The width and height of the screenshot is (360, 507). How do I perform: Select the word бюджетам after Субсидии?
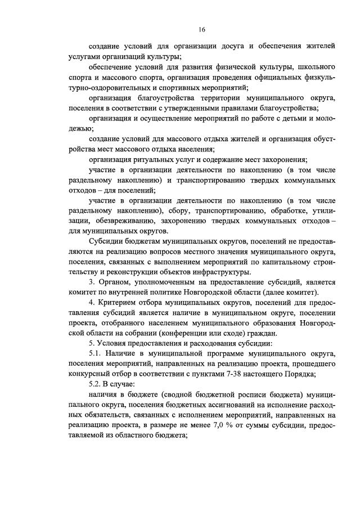138,240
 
